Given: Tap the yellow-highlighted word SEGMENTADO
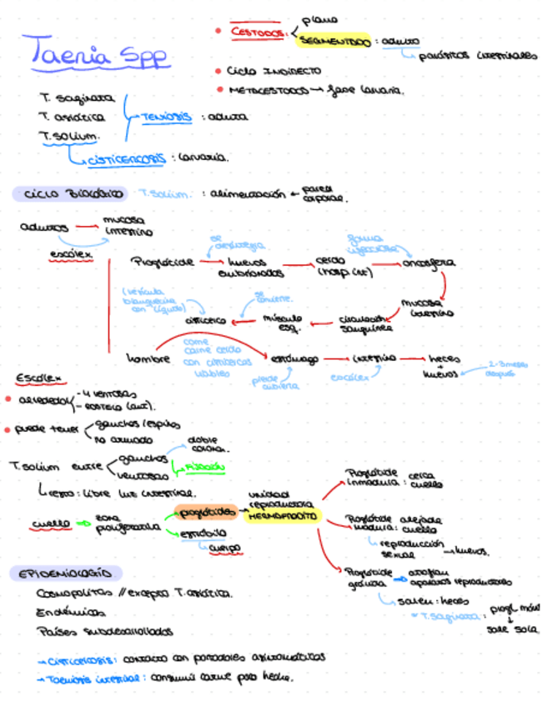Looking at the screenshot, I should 334,41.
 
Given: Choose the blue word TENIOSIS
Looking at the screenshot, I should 166,118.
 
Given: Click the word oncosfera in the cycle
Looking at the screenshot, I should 429,262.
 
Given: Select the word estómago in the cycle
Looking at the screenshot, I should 294,359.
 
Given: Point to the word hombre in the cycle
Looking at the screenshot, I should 148,359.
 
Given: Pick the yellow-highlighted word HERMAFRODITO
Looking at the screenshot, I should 282,517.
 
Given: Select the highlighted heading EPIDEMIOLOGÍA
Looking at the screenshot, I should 66,574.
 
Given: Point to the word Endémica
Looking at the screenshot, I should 64,613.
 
